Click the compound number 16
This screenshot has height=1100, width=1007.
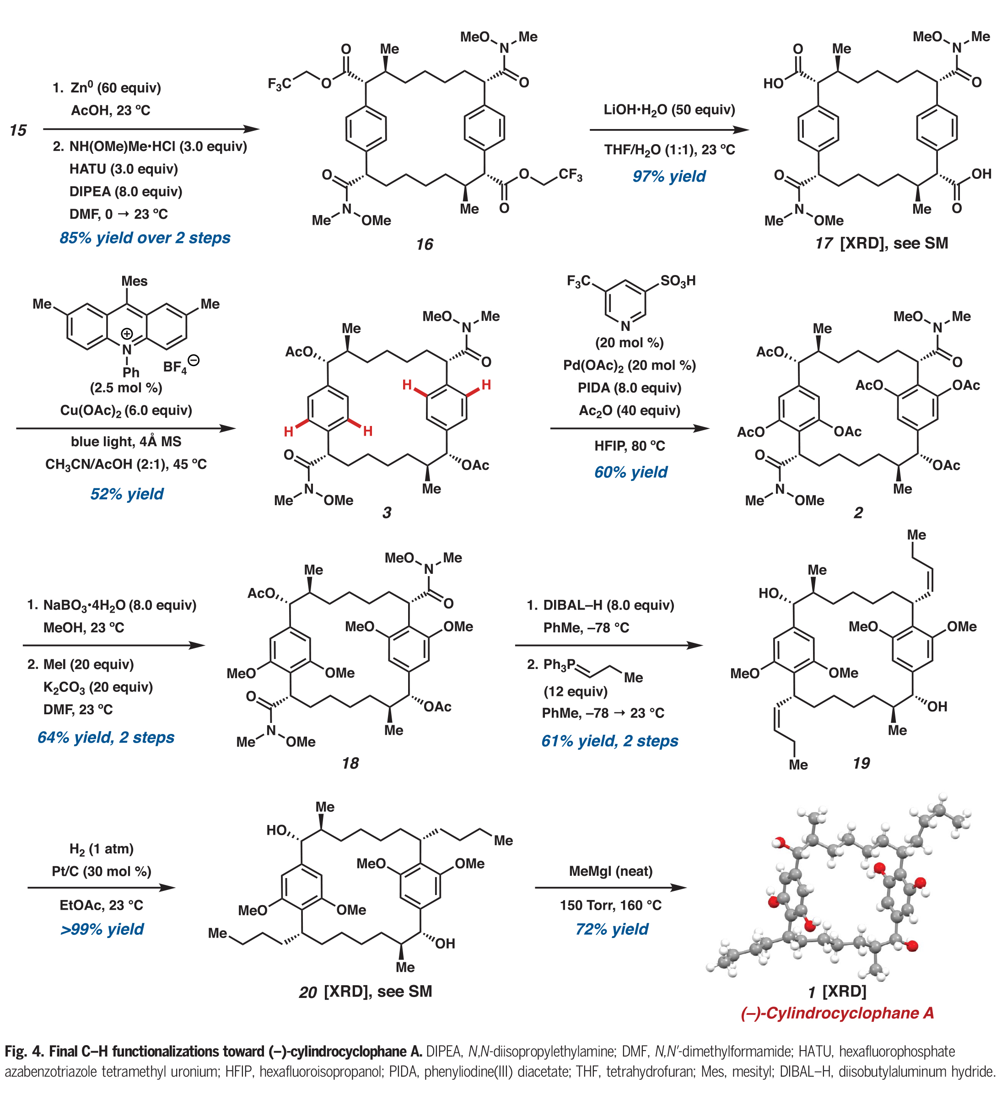click(x=425, y=244)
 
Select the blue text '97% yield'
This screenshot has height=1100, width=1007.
click(x=669, y=176)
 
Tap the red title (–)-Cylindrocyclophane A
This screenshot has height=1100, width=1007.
click(x=837, y=1013)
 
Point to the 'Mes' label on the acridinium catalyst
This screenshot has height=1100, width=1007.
click(x=134, y=281)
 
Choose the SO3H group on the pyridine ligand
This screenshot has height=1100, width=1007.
click(x=678, y=281)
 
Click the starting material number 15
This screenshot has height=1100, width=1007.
click(x=18, y=130)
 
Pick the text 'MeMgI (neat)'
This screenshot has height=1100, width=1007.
click(x=610, y=871)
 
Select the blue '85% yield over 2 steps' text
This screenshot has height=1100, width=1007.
click(x=145, y=238)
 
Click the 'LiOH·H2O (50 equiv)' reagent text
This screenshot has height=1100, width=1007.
click(x=669, y=110)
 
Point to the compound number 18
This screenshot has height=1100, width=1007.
click(x=350, y=763)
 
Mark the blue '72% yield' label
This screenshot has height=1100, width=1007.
click(x=612, y=929)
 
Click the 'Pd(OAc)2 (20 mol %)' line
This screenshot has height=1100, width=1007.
click(x=630, y=365)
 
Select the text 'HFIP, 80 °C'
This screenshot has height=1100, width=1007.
click(x=630, y=446)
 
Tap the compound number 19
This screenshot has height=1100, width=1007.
click(x=862, y=763)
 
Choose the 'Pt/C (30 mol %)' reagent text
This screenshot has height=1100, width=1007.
click(x=102, y=871)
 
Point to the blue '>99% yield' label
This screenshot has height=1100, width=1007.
click(x=102, y=929)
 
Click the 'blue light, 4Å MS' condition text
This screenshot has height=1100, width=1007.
click(x=126, y=442)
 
